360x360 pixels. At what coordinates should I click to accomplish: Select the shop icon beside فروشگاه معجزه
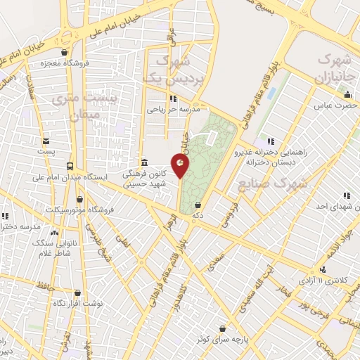point(65,52)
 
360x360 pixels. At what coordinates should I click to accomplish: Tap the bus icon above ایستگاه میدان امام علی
point(70,166)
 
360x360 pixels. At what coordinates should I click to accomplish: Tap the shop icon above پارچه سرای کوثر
point(223,328)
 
